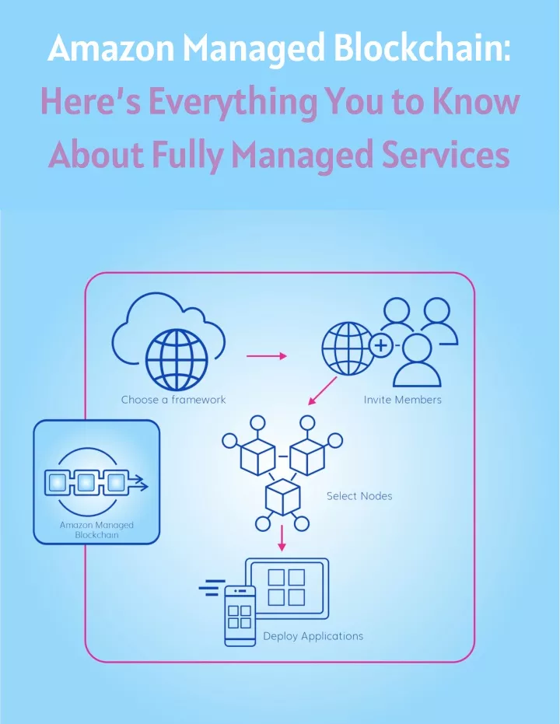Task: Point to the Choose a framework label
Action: (173, 400)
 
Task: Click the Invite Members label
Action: (402, 400)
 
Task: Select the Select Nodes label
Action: (359, 496)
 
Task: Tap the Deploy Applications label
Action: (313, 636)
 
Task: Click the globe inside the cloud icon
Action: (177, 360)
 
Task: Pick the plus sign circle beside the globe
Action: (381, 345)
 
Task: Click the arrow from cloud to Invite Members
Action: (266, 356)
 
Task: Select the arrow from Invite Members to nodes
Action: (322, 390)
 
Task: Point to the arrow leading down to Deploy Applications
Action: (282, 538)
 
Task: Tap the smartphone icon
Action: (240, 616)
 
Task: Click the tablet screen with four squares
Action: (287, 588)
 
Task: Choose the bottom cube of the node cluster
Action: (282, 497)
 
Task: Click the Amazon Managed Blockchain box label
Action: (96, 530)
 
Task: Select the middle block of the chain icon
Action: (86, 482)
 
